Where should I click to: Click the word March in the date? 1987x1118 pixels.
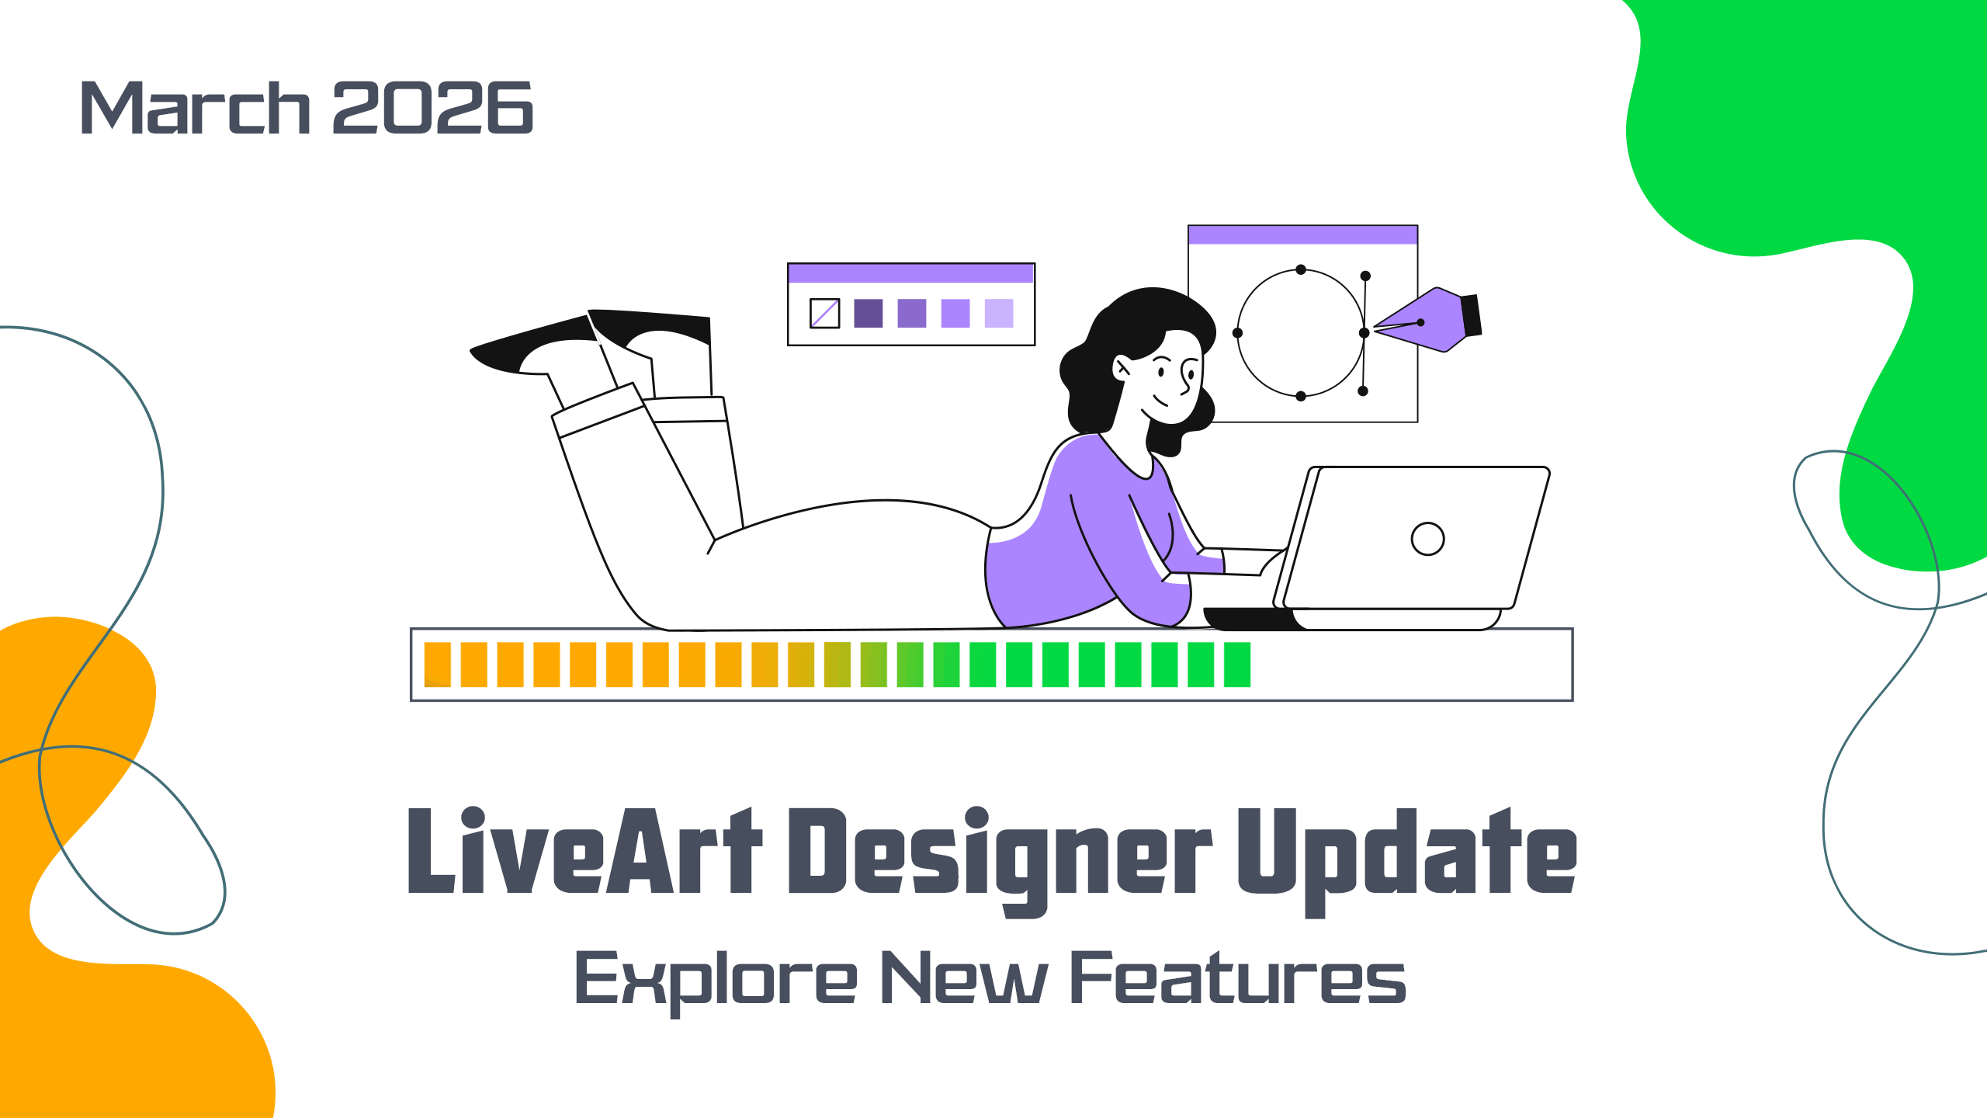click(x=196, y=107)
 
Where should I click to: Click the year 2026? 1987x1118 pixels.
click(x=433, y=107)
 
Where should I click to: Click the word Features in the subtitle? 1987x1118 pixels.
click(x=1238, y=977)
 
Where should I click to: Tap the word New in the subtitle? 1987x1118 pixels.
click(x=965, y=977)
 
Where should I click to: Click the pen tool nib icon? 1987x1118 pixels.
click(x=1427, y=320)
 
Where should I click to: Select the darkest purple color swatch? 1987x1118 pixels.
click(x=868, y=314)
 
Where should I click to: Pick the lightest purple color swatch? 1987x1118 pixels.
click(x=999, y=314)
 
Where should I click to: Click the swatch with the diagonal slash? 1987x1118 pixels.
click(x=824, y=314)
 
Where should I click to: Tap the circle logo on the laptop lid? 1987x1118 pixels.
click(x=1427, y=539)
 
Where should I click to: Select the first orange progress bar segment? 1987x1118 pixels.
click(x=438, y=665)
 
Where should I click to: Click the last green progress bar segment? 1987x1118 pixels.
click(x=1237, y=665)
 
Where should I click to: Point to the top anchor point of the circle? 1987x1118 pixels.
click(x=1301, y=269)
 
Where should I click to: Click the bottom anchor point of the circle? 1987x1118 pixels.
click(x=1301, y=396)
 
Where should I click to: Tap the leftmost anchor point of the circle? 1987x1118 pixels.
click(x=1237, y=333)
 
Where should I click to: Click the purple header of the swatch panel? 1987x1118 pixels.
click(x=911, y=273)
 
